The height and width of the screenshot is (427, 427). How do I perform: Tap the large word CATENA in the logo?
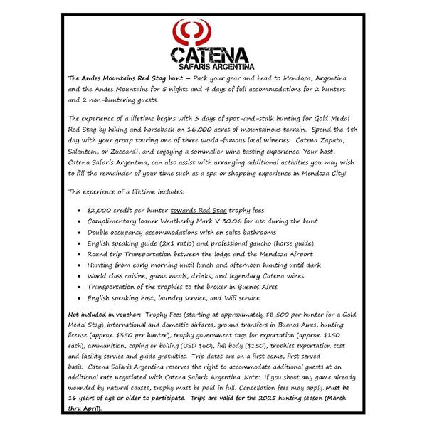click(x=211, y=55)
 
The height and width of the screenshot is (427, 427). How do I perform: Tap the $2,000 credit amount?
click(x=99, y=211)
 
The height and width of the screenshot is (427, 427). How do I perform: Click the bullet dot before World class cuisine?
click(x=77, y=275)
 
